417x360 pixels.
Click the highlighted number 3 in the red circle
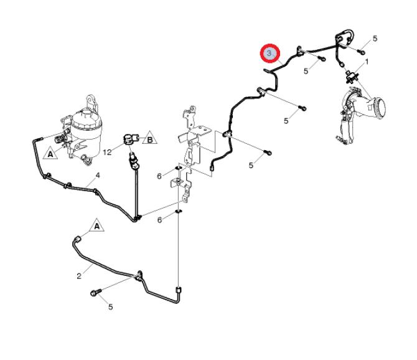point(270,54)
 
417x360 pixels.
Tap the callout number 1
point(367,62)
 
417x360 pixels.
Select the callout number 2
point(79,277)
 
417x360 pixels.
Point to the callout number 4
point(97,176)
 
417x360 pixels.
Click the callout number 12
point(106,151)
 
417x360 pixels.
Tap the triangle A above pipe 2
point(96,225)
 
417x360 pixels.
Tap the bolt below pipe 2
point(95,291)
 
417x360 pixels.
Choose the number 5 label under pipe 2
point(110,306)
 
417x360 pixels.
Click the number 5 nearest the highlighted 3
point(306,71)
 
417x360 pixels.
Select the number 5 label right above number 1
point(375,39)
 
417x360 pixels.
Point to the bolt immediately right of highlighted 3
point(321,59)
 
